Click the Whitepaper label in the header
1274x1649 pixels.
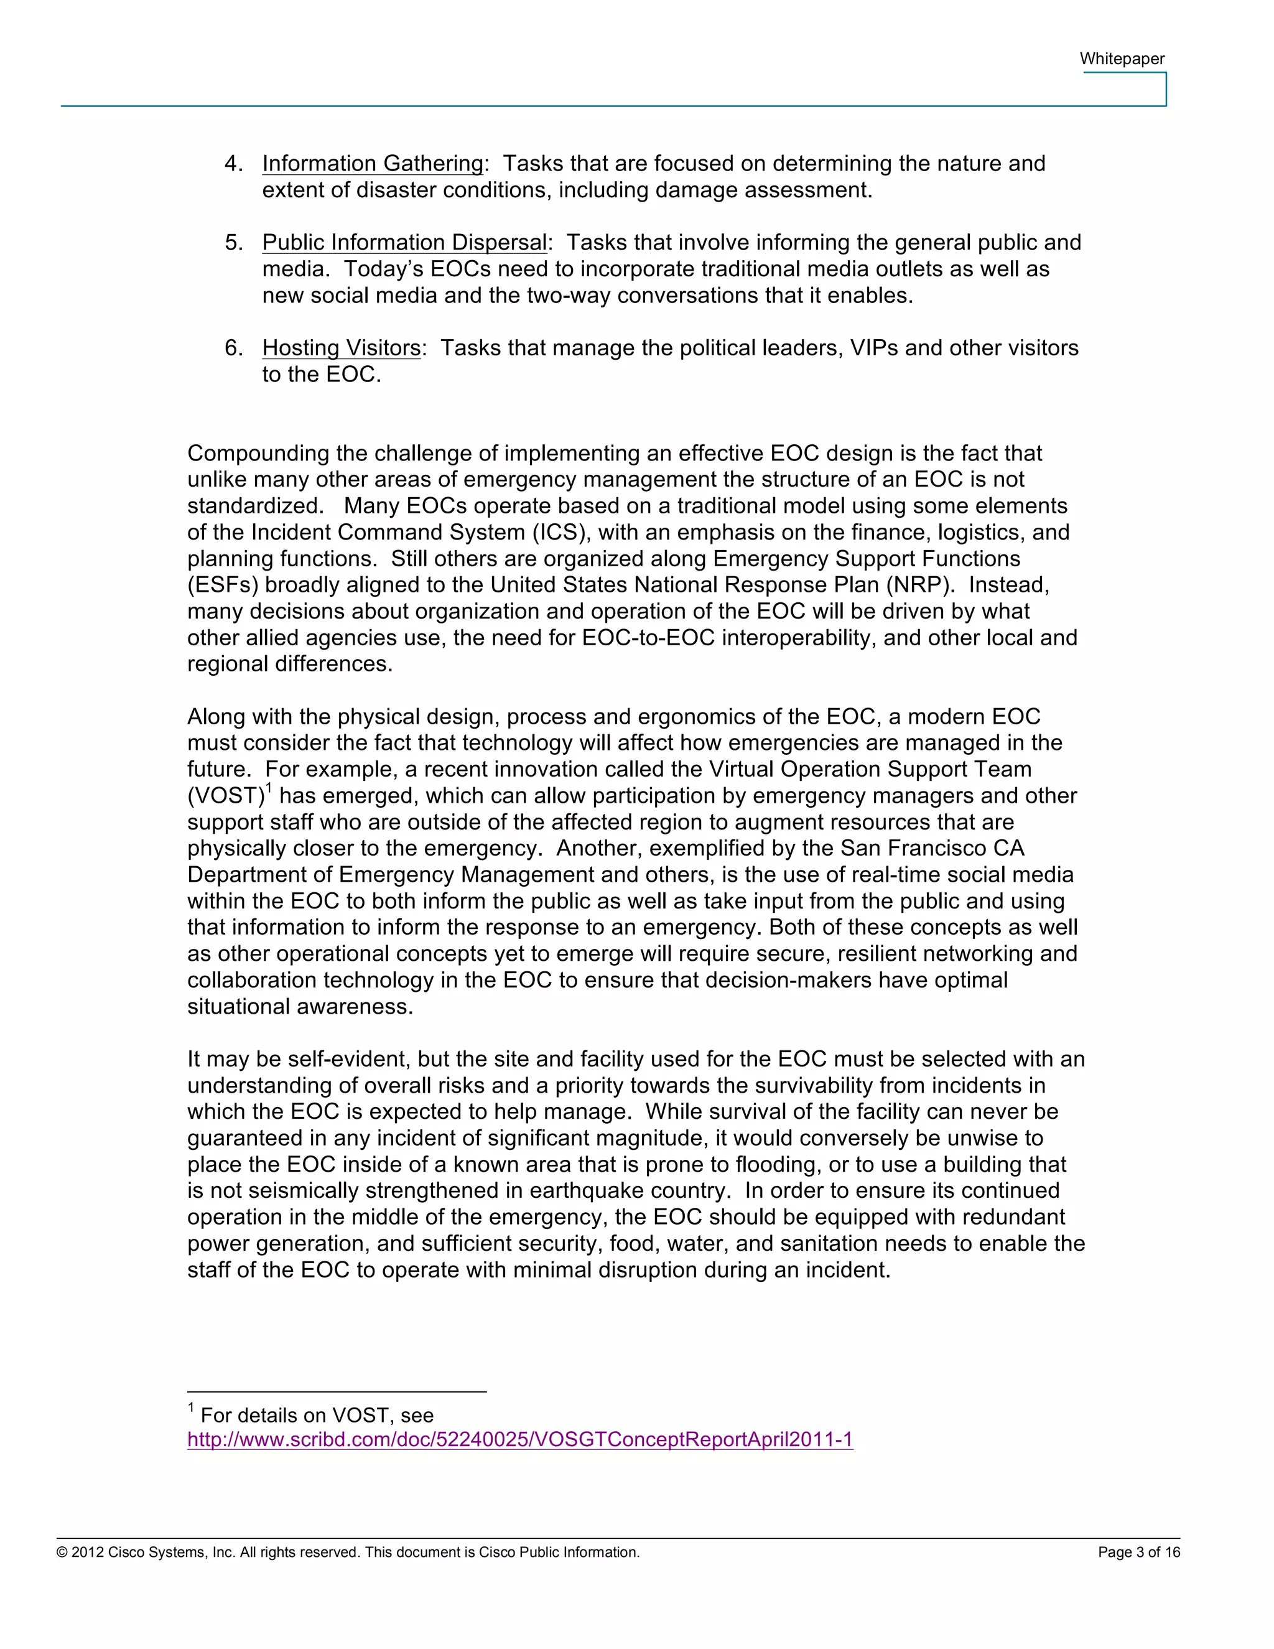click(1122, 59)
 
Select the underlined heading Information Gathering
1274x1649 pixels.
click(373, 163)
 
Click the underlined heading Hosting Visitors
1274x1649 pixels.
click(341, 348)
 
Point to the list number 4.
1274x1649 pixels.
click(233, 164)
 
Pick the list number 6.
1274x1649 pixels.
click(233, 348)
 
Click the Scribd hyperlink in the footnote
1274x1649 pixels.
click(520, 1439)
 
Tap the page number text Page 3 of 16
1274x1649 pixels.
click(1138, 1553)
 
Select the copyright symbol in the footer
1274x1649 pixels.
click(62, 1553)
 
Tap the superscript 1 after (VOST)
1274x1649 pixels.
click(269, 788)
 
